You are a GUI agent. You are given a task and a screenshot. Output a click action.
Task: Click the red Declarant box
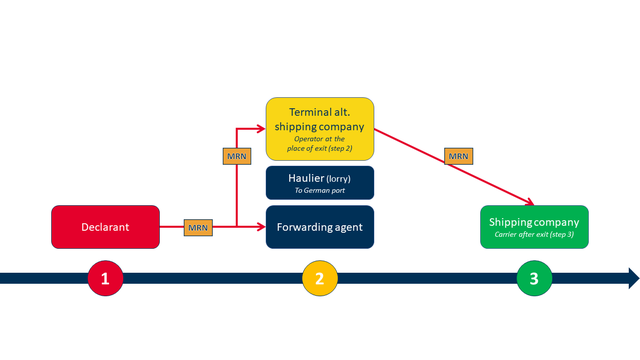point(105,227)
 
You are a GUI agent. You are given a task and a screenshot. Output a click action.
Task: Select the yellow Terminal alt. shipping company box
point(319,129)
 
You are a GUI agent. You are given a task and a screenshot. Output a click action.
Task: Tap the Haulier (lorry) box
point(319,182)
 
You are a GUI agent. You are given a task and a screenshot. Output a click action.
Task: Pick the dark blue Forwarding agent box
point(319,227)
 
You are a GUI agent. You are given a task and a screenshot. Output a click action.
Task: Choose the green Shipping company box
point(534,227)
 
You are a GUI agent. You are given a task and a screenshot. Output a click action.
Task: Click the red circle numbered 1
point(105,278)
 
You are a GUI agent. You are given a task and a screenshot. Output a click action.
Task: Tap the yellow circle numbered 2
point(319,278)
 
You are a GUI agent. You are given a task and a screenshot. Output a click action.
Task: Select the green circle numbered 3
point(534,278)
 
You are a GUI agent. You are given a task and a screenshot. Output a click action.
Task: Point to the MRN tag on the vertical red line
point(235,156)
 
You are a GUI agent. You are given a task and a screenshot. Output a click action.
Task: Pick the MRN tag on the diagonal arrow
point(458,156)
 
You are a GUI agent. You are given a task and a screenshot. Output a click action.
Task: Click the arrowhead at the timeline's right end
point(632,278)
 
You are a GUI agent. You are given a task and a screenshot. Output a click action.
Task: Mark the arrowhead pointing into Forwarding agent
point(260,228)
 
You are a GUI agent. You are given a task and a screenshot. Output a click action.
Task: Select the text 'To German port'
point(319,190)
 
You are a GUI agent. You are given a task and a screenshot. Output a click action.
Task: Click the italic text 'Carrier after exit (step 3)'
point(534,234)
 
